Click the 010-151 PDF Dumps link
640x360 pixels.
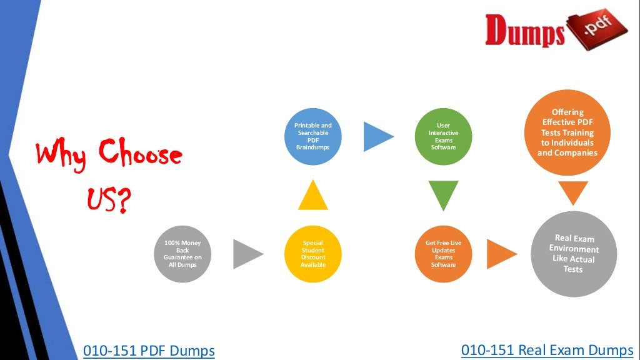click(x=149, y=351)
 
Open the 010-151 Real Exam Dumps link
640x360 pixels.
click(x=547, y=349)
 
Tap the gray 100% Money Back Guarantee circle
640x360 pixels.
click(x=182, y=254)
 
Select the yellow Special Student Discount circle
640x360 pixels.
click(x=312, y=254)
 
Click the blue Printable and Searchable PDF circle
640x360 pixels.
click(x=312, y=137)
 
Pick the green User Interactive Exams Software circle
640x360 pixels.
click(x=443, y=137)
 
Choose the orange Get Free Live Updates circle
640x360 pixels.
click(x=443, y=254)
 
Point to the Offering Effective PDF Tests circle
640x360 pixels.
click(x=567, y=132)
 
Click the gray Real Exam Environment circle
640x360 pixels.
click(x=573, y=254)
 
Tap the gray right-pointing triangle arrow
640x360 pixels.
click(x=247, y=254)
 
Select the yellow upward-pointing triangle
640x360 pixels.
click(x=312, y=195)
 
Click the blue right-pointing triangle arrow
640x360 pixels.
click(x=377, y=136)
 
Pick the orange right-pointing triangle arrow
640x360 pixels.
click(x=500, y=254)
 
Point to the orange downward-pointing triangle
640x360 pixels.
click(x=573, y=192)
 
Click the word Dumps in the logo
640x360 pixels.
click(x=524, y=31)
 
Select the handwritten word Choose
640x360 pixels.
click(x=141, y=153)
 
